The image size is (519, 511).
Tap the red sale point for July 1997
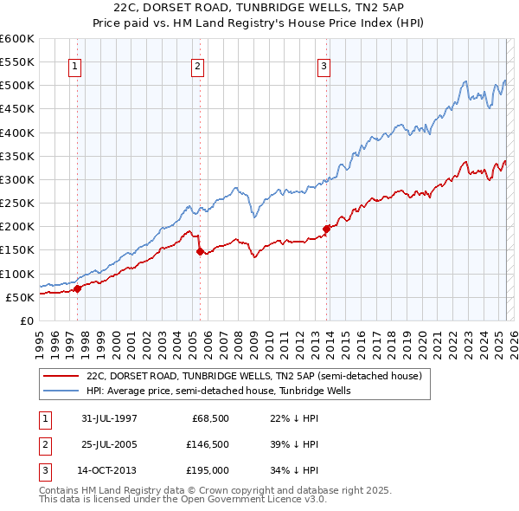77,288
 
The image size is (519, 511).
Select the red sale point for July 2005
200,252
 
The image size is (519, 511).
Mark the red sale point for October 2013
327,229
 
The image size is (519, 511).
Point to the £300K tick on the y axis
17,179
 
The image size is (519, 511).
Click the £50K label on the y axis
19,297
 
